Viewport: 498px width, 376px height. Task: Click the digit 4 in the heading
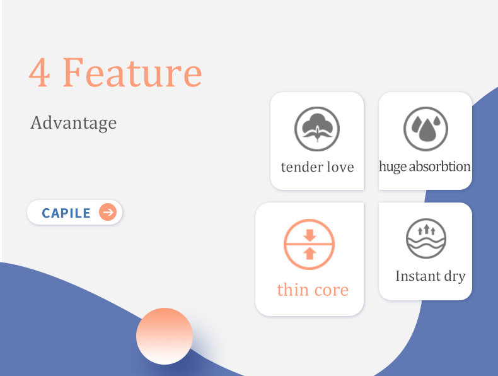39,73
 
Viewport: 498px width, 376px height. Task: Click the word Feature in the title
132,72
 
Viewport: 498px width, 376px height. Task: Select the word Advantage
73,123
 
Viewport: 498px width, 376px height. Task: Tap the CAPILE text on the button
66,213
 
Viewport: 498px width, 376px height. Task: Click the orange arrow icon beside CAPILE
108,212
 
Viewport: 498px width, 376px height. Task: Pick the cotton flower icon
317,129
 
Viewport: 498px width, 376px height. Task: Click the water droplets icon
426,129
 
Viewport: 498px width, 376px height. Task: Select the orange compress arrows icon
309,244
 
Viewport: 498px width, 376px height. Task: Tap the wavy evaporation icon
426,238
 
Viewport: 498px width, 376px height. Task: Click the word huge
393,167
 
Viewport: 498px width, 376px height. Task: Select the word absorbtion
440,166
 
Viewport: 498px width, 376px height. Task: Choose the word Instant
418,276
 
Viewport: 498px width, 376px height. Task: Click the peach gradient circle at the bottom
165,336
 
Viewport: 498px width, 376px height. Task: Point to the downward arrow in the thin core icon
310,235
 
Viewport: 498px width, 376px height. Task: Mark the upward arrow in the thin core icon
310,254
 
